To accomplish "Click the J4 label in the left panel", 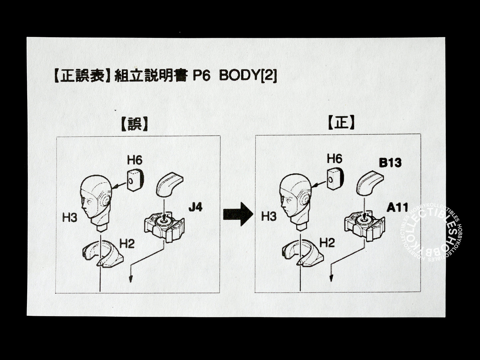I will pyautogui.click(x=195, y=208).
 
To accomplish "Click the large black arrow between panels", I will pyautogui.click(x=238, y=214).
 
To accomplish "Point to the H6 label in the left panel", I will pyautogui.click(x=135, y=160).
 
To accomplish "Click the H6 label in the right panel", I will pyautogui.click(x=334, y=159).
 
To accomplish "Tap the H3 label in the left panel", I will pyautogui.click(x=70, y=218).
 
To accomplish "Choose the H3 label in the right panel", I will pyautogui.click(x=269, y=217).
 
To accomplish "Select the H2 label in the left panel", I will pyautogui.click(x=127, y=244).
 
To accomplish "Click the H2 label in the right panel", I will pyautogui.click(x=327, y=243).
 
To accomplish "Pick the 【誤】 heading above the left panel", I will pyautogui.click(x=134, y=125).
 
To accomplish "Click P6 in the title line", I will pyautogui.click(x=202, y=76).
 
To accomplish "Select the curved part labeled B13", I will pyautogui.click(x=369, y=182).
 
